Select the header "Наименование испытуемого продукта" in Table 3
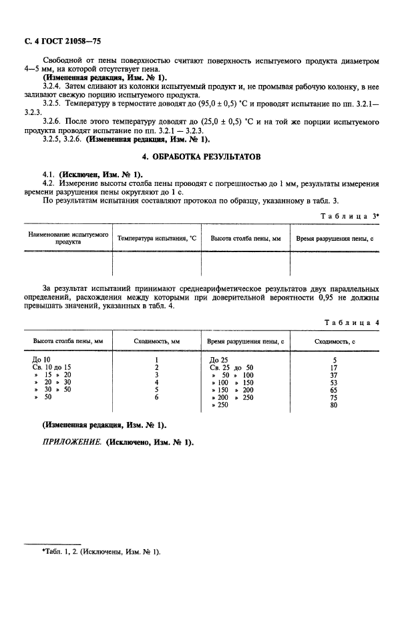(x=67, y=239)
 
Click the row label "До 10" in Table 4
(x=41, y=360)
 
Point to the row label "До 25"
(x=218, y=360)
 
